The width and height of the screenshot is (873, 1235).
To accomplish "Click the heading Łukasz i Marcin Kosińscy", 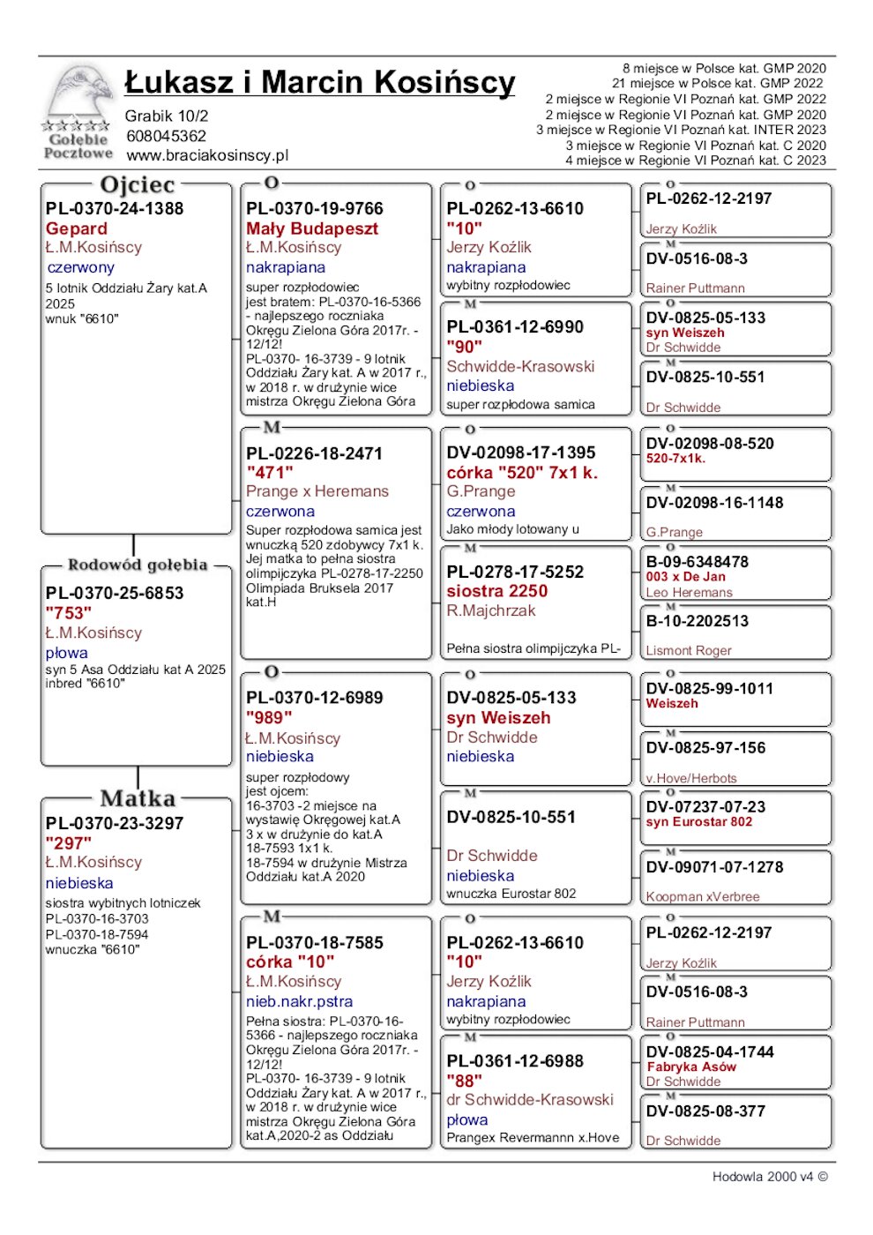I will point(319,82).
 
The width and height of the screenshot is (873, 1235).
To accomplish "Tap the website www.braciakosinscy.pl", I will point(207,155).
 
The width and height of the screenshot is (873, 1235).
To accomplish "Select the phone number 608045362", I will point(166,136).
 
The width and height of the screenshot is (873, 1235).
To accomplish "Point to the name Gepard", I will point(76,228).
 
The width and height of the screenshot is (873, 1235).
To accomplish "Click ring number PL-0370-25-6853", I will point(115,593).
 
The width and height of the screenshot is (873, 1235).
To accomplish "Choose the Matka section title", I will point(138,798).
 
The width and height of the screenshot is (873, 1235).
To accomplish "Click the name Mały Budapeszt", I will point(311,228).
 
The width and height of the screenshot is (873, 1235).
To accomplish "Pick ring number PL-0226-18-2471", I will point(314,453).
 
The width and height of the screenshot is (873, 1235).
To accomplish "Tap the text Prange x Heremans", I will point(317,491).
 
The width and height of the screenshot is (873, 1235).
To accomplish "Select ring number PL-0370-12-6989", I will point(314,698).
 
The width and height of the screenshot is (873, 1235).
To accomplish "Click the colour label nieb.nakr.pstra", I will point(299,1001).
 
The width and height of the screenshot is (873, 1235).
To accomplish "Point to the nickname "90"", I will point(464,347).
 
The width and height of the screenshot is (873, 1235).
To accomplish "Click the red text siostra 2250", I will point(496,591).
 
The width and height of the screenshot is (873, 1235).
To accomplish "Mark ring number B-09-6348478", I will point(697,562).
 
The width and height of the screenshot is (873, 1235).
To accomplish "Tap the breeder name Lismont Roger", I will point(689,650).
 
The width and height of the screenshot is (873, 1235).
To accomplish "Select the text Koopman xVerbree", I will point(702,896).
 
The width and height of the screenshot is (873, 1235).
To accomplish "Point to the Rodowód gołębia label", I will point(138,565).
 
